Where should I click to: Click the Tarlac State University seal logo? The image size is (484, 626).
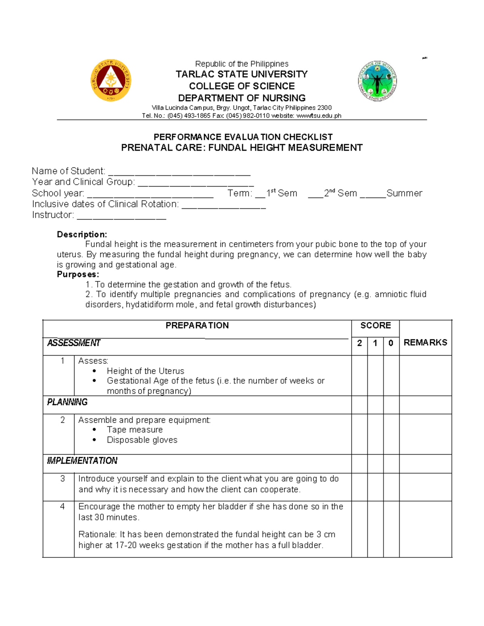[111, 80]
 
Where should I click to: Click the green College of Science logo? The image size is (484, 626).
[377, 81]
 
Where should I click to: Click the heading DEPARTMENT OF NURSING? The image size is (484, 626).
[242, 98]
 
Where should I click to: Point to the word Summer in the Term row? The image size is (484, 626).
[404, 193]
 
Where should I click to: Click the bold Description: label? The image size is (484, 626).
[82, 235]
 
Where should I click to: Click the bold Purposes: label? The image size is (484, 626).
[78, 275]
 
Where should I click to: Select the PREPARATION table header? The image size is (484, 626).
[197, 326]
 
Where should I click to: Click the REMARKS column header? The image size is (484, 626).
[425, 343]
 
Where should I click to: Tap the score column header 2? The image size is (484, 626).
[359, 343]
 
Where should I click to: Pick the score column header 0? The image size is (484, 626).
[390, 343]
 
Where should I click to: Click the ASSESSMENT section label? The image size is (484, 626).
[73, 343]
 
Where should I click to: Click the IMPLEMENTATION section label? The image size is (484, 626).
[82, 461]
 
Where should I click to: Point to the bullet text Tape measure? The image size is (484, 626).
[135, 430]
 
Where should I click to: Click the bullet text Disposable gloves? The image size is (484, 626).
[142, 440]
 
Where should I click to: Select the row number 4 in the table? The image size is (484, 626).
[62, 507]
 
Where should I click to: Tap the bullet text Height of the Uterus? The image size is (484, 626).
[145, 371]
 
